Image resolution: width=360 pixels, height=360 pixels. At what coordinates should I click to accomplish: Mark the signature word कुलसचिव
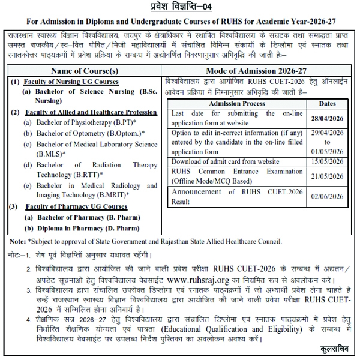(x=334, y=349)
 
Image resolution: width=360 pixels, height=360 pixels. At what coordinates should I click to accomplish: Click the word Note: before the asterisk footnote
(x=17, y=241)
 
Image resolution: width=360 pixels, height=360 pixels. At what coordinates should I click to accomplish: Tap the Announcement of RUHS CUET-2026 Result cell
(x=236, y=196)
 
